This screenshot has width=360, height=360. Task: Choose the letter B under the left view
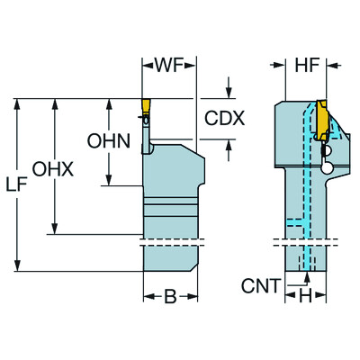tap(170, 296)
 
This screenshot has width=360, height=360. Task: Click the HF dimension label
tap(305, 66)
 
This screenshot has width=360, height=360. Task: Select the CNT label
tap(262, 288)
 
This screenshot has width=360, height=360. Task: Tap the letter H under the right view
tap(307, 296)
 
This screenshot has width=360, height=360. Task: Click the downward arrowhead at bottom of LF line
tap(18, 265)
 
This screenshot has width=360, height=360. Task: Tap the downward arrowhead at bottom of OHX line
tap(56, 229)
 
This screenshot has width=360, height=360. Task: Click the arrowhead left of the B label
tap(148, 296)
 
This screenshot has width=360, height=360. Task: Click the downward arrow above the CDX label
tap(229, 92)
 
